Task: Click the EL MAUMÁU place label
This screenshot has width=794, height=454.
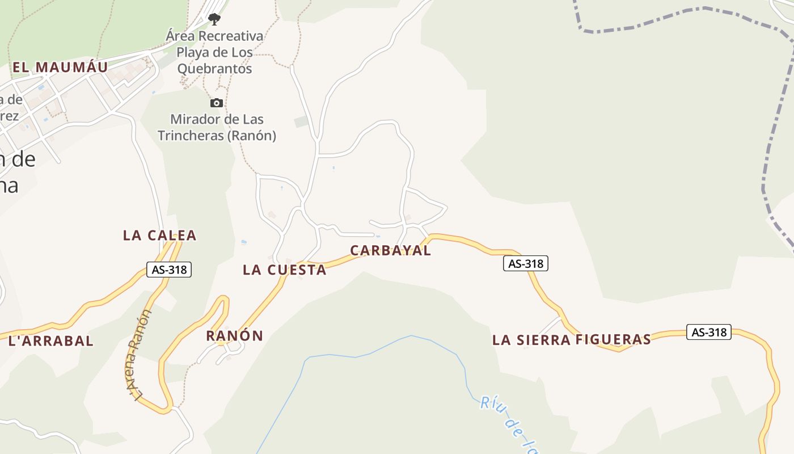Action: (60, 67)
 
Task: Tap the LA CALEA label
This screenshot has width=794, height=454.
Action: (159, 235)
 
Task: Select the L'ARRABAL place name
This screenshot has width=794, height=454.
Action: (51, 340)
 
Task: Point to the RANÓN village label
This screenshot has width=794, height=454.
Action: (234, 335)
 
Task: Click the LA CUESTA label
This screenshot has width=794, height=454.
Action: (284, 270)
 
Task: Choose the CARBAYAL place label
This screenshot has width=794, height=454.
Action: (390, 250)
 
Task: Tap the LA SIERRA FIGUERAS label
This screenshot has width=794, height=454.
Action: (571, 339)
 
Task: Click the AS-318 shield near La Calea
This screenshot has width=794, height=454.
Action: (169, 270)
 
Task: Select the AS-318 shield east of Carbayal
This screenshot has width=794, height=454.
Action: (525, 263)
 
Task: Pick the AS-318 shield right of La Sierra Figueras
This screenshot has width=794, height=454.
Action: (708, 332)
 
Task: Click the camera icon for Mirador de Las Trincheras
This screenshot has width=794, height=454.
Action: (216, 103)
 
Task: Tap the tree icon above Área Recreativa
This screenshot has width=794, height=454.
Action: (214, 19)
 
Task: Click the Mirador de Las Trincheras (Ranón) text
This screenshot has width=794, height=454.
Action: (217, 128)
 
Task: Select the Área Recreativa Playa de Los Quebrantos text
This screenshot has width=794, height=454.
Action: (214, 52)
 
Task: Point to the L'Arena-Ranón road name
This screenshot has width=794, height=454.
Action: (139, 355)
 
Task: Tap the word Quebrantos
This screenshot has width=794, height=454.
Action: (214, 69)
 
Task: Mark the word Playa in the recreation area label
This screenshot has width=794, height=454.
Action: (196, 52)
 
